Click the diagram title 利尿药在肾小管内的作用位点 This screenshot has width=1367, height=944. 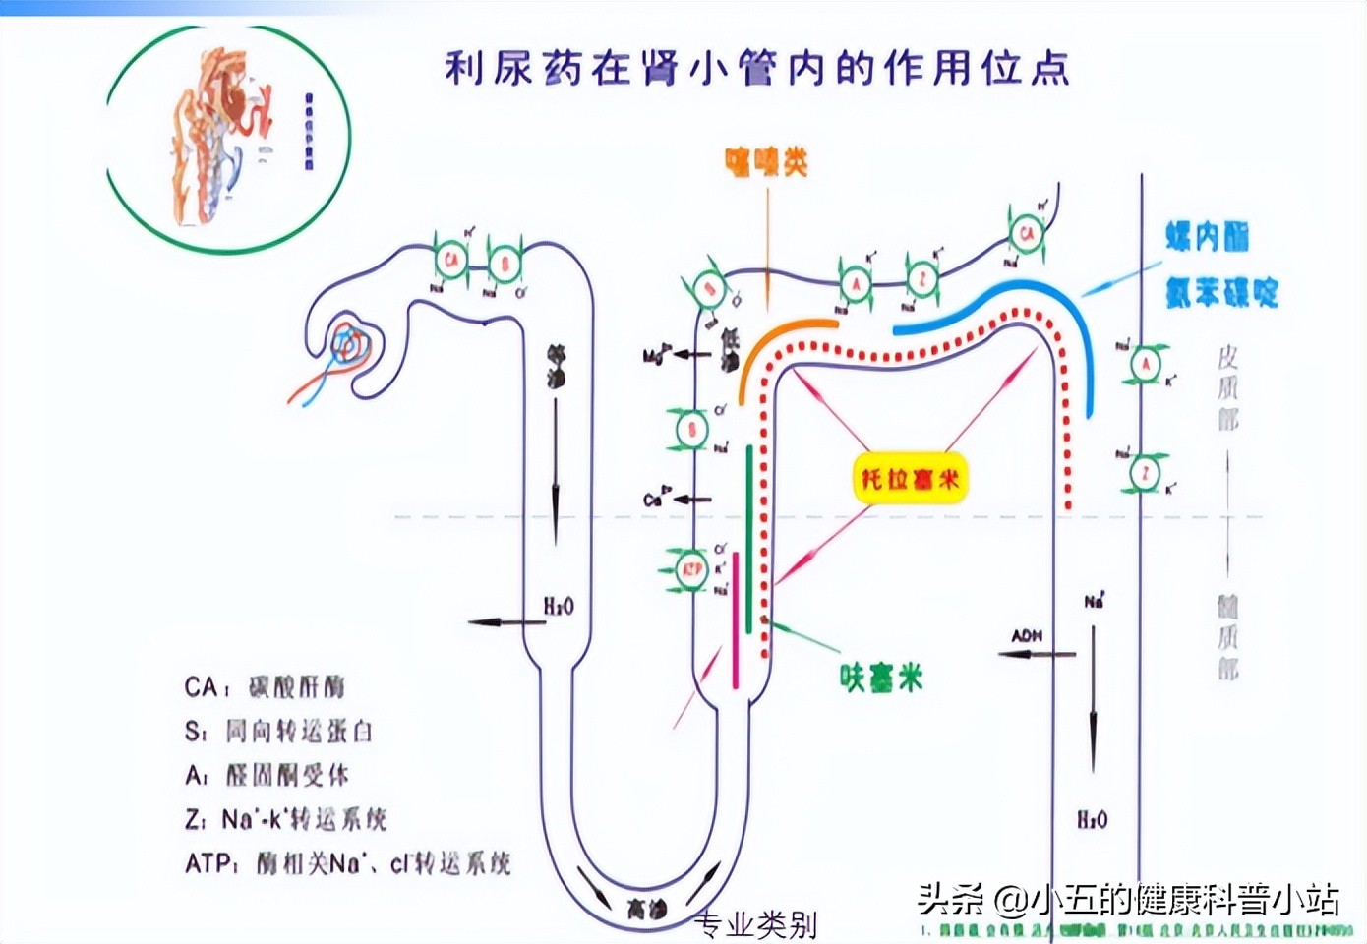[757, 69]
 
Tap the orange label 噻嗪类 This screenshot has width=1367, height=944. [766, 162]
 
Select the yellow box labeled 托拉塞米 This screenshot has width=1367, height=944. [909, 479]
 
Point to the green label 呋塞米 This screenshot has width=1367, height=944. [881, 678]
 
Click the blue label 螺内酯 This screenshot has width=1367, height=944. [1208, 237]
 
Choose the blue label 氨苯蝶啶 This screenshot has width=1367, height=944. [1221, 292]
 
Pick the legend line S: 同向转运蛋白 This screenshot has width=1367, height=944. [278, 731]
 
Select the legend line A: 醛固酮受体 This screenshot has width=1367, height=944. [267, 775]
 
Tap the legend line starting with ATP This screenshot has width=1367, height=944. [347, 863]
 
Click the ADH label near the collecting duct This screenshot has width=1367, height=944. [1027, 636]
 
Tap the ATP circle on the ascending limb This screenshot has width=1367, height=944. [692, 570]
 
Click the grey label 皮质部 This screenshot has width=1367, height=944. [1227, 387]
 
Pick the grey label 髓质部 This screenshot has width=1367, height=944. [1227, 637]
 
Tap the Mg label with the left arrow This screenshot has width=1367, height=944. [656, 355]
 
